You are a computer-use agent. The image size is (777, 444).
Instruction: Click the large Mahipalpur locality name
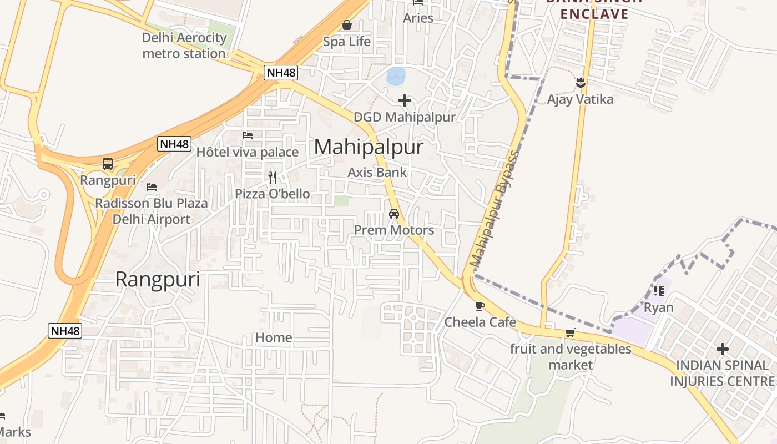(369, 147)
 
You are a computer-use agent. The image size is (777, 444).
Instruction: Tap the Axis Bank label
(377, 173)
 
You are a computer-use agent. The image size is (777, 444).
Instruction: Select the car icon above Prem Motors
(394, 214)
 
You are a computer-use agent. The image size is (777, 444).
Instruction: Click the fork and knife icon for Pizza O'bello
(272, 178)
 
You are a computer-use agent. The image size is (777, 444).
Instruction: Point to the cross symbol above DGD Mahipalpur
(405, 100)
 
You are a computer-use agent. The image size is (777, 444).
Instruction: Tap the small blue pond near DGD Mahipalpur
(396, 76)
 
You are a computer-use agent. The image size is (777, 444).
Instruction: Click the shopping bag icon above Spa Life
(347, 25)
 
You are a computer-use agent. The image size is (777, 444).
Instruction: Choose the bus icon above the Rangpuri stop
(108, 164)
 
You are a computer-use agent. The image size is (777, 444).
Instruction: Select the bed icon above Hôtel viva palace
(248, 135)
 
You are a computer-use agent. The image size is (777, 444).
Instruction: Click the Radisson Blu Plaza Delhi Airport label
(152, 211)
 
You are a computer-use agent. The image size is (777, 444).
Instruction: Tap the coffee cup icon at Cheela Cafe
(480, 306)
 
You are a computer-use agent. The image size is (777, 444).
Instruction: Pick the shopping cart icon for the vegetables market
(570, 332)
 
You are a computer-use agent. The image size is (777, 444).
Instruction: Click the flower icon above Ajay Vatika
(581, 83)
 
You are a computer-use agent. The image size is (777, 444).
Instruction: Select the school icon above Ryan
(659, 290)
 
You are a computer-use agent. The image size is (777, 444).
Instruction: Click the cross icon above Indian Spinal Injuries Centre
(722, 349)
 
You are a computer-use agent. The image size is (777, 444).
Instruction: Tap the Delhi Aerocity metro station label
(184, 46)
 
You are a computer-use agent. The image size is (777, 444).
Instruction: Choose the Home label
(274, 337)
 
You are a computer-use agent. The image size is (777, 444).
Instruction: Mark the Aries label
(418, 18)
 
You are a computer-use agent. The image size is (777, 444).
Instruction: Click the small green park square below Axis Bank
(341, 201)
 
